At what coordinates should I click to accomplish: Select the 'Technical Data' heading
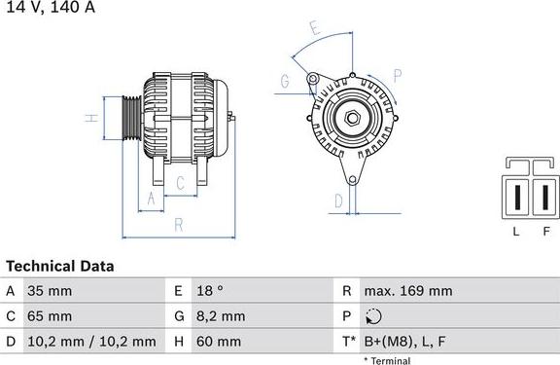tap(60, 266)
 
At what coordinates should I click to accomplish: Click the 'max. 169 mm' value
tap(408, 291)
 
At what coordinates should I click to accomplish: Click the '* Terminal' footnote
tap(386, 360)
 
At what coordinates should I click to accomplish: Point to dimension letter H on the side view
tap(89, 119)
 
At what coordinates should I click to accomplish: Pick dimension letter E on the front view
tap(314, 30)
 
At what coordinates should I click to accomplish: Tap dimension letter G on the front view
tap(285, 83)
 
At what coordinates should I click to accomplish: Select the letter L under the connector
tap(516, 231)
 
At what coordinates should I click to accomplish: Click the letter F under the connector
tap(546, 231)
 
